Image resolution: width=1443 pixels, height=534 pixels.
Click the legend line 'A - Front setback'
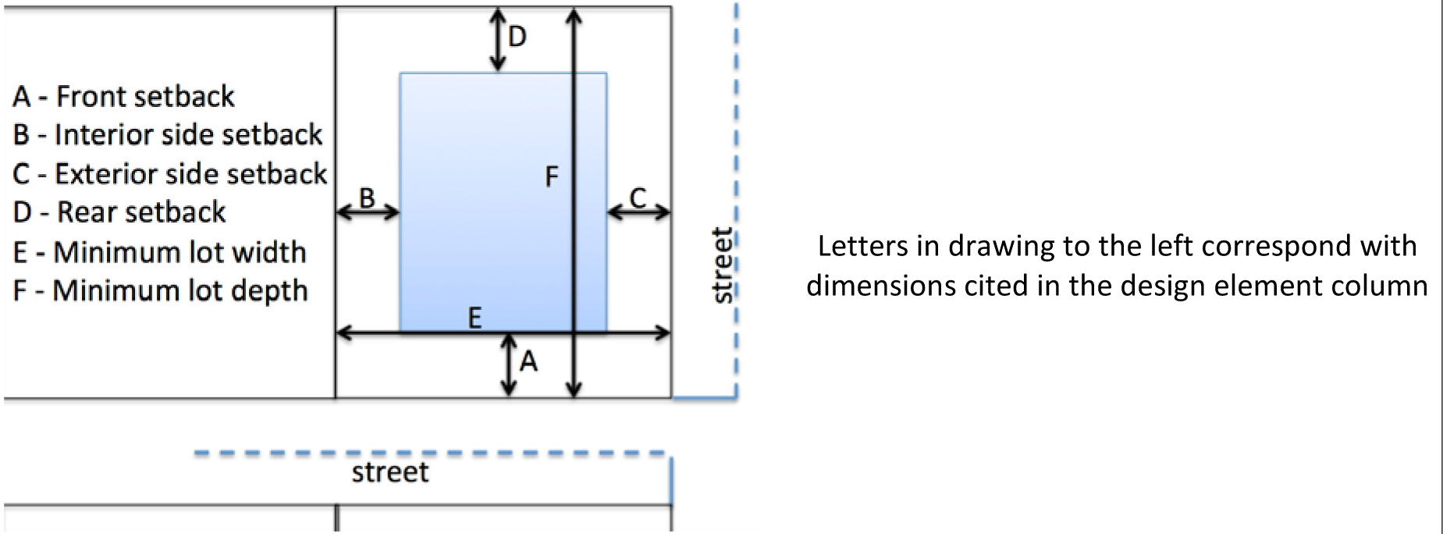[x=123, y=97]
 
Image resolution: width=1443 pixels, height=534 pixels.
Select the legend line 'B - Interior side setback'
[x=167, y=135]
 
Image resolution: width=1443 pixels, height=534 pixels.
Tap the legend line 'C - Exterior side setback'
[x=169, y=173]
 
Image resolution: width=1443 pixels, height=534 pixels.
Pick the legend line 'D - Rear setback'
[x=119, y=212]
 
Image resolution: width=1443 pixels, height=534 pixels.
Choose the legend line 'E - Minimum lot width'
[x=159, y=252]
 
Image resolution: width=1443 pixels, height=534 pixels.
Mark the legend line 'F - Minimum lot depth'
[x=160, y=290]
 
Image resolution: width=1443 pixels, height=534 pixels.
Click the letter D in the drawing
[x=517, y=36]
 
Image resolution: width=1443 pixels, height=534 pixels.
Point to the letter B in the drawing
[x=367, y=198]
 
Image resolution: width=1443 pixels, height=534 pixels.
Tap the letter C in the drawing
[x=638, y=198]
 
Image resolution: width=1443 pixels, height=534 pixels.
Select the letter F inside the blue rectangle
[x=552, y=177]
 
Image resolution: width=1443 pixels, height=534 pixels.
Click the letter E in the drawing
[x=474, y=318]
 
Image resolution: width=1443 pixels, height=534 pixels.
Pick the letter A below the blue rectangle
[x=528, y=361]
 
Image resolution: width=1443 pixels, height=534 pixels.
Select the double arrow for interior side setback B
[x=368, y=212]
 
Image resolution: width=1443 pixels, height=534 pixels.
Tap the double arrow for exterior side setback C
[x=638, y=212]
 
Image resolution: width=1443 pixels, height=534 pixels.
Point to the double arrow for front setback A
[x=509, y=365]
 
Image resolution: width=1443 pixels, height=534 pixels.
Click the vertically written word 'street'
[x=723, y=265]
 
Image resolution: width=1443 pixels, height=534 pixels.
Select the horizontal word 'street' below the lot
[x=390, y=472]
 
